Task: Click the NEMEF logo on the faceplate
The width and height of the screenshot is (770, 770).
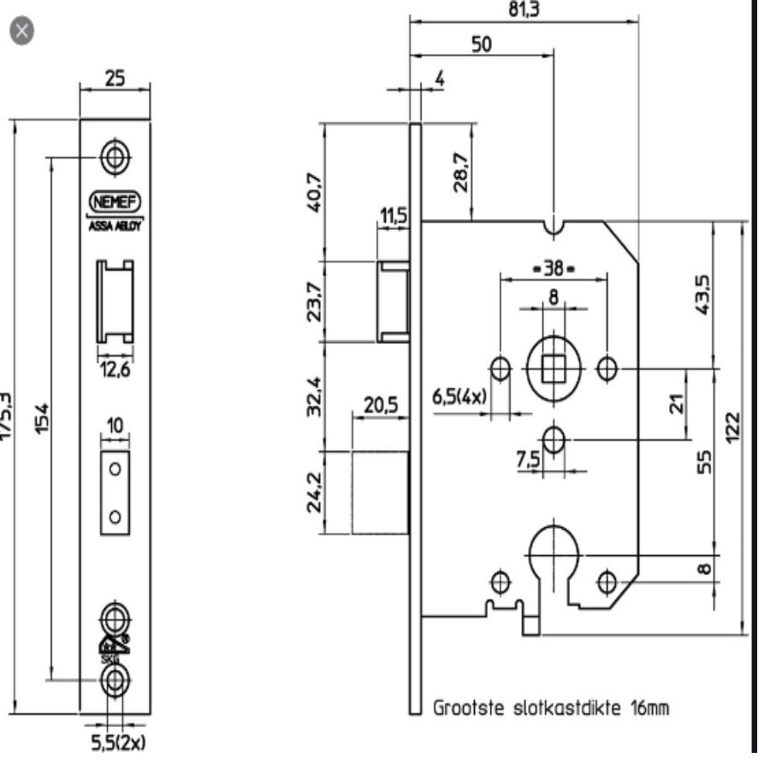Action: click(115, 203)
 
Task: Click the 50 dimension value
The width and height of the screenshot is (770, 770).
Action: click(482, 44)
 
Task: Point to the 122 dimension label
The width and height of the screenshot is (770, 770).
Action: click(733, 425)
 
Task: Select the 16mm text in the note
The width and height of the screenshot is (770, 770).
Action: click(645, 708)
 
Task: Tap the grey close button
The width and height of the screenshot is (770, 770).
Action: click(22, 32)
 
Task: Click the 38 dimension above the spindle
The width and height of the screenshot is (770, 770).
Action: click(553, 269)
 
